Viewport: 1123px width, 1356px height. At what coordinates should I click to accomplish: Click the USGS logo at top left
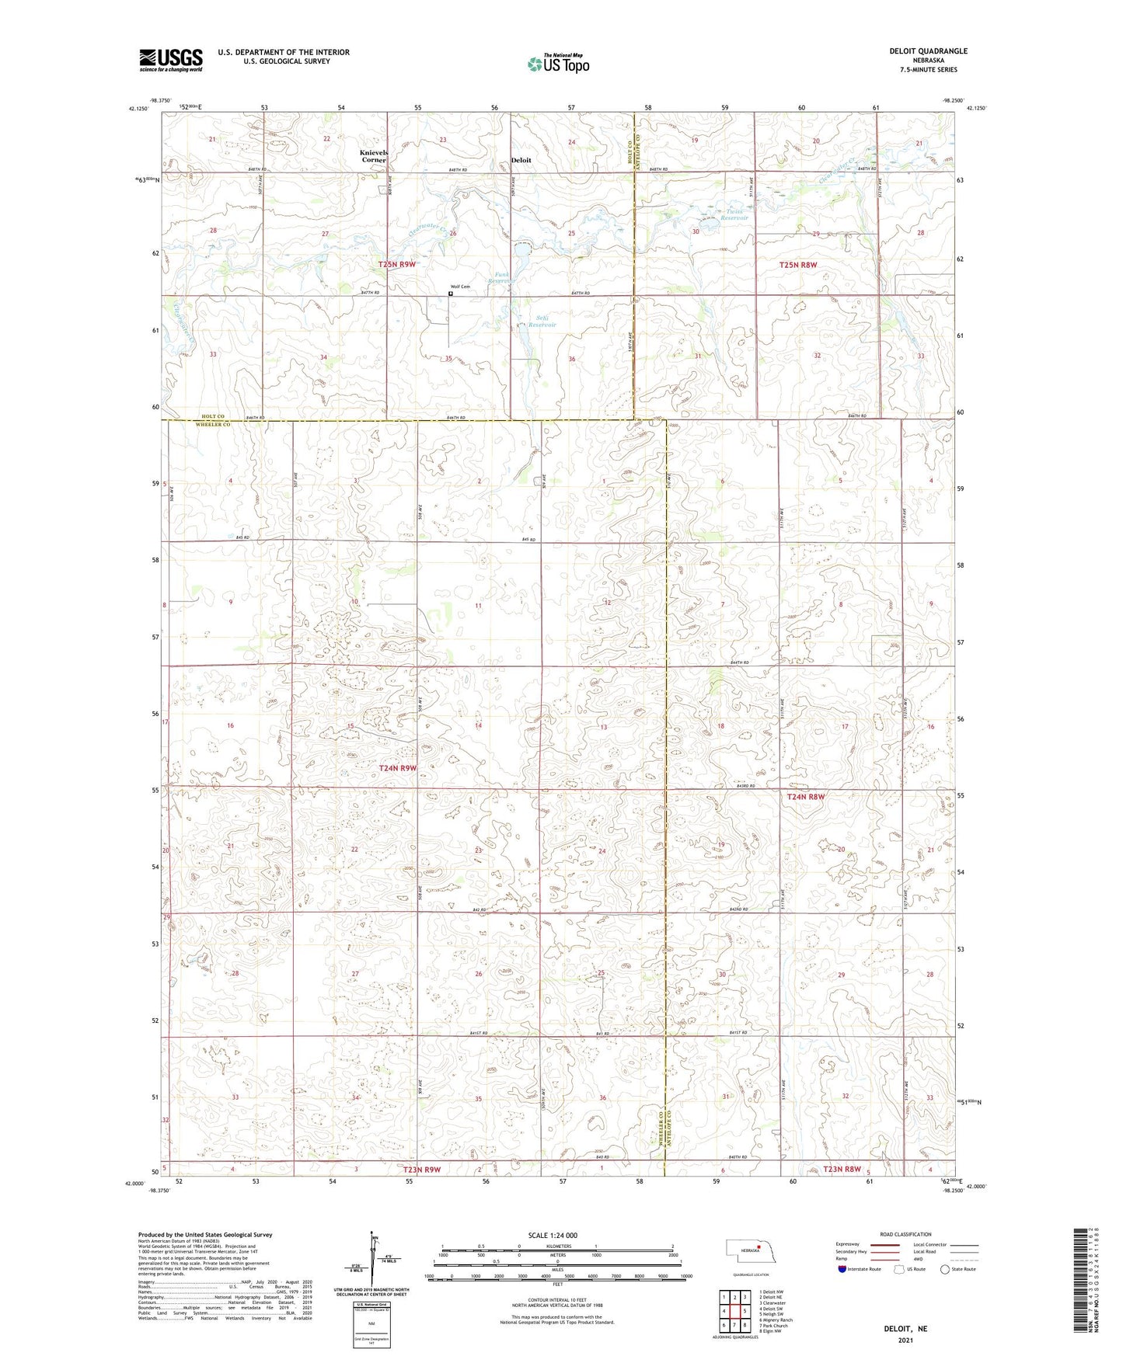[x=170, y=60]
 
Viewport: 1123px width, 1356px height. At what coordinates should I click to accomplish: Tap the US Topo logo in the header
[x=558, y=64]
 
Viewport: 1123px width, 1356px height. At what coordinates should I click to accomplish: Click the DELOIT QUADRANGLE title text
[x=928, y=51]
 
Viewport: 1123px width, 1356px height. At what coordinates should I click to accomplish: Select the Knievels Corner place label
[x=374, y=156]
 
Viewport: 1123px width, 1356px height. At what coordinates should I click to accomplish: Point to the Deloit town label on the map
[x=521, y=160]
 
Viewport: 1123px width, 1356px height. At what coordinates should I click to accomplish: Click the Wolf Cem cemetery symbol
[x=451, y=294]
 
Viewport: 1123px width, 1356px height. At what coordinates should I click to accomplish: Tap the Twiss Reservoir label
[x=734, y=214]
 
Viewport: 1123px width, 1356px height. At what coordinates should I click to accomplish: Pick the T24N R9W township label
[x=398, y=768]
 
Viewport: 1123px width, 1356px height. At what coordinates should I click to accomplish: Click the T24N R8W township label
[x=806, y=797]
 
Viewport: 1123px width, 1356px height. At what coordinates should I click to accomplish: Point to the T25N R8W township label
[x=798, y=265]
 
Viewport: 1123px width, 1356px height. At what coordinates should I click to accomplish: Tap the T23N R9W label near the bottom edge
[x=422, y=1169]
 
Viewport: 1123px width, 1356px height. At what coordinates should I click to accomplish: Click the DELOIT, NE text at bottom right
[x=905, y=1329]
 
